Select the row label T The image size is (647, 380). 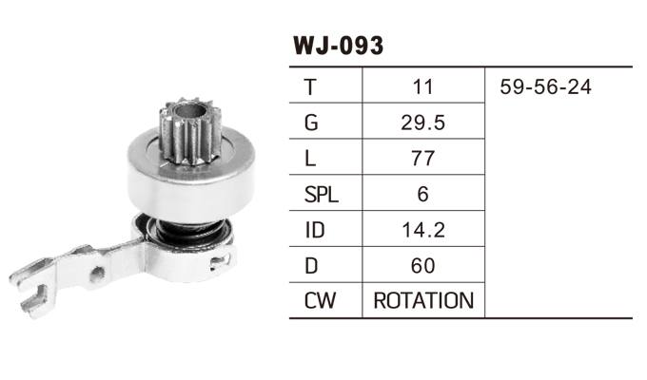coord(310,87)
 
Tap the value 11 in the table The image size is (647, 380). coord(423,87)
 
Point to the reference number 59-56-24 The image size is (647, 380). coord(545,87)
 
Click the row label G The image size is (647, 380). coord(311,123)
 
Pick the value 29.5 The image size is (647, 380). coord(423,123)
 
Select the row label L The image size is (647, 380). coord(310,159)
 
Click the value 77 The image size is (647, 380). coord(423,159)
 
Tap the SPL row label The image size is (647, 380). coord(321,195)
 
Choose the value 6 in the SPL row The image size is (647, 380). coord(423,195)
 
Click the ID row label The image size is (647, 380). coord(313,231)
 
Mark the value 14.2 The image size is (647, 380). coord(423,231)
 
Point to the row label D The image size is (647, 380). coord(311,266)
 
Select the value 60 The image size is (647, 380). coord(423,266)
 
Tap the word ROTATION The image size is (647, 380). coord(423,302)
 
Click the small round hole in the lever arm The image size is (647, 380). coord(97,273)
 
